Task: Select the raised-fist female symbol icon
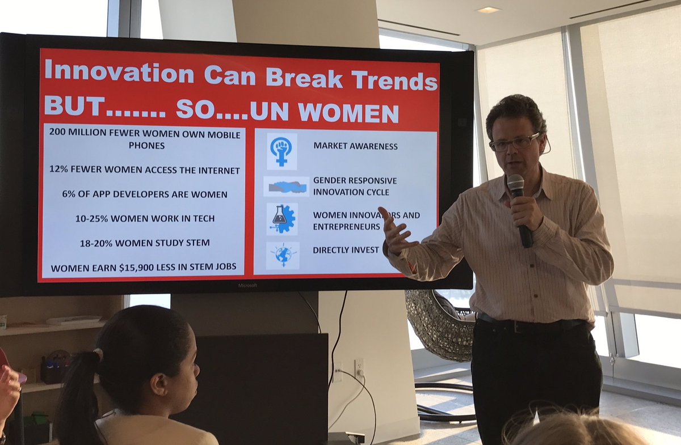pos(281,150)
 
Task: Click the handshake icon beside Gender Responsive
pos(287,186)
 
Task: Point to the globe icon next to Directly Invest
pos(282,255)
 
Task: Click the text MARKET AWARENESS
pos(355,146)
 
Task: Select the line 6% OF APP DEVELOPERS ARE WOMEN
pos(144,194)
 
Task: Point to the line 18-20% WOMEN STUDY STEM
pos(144,243)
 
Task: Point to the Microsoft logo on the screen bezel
pos(247,285)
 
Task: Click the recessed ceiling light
pos(488,10)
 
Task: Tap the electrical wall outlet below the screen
pos(359,368)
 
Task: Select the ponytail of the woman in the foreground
pos(80,391)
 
